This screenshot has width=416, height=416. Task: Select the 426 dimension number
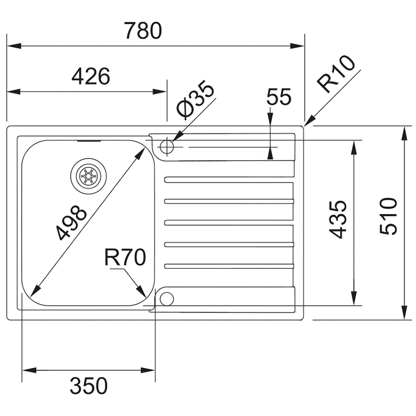[90, 77]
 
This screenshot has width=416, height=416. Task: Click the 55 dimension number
[278, 97]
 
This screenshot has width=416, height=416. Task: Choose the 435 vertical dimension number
[339, 219]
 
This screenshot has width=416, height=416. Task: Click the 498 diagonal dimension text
[71, 223]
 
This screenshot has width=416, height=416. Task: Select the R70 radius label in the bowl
[124, 257]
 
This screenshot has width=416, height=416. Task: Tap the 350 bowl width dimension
[88, 386]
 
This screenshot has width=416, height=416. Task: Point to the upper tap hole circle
[167, 147]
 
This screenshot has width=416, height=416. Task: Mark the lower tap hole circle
[166, 298]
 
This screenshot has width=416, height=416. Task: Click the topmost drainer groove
[229, 179]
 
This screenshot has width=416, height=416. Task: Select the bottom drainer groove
[229, 267]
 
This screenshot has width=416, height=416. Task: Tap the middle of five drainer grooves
[229, 223]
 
